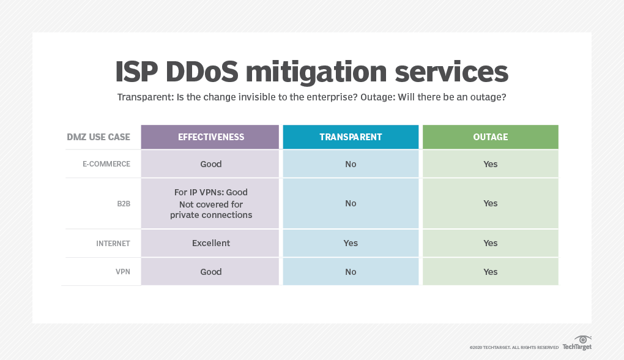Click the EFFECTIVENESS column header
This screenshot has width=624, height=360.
(211, 137)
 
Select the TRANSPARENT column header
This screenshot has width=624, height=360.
(351, 137)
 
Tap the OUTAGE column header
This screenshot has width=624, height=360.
(490, 137)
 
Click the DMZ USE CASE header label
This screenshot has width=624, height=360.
(98, 137)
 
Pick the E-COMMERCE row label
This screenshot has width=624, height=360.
(106, 164)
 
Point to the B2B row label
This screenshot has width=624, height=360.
(124, 203)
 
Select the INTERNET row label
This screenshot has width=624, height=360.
(113, 243)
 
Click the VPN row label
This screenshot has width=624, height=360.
(123, 272)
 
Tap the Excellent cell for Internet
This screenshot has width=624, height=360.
(211, 243)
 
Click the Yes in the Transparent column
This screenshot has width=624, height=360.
(351, 243)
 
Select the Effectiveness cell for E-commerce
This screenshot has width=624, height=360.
(211, 164)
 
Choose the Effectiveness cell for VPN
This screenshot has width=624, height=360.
(211, 272)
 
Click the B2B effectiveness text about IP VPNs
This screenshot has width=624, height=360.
(211, 192)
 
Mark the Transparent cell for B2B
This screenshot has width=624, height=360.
(351, 203)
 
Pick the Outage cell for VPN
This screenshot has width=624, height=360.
(490, 272)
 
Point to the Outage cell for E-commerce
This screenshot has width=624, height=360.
(490, 164)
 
